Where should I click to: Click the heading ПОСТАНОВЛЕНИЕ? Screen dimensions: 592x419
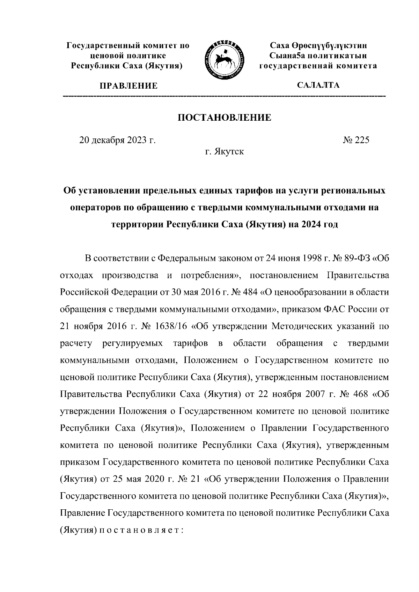225,118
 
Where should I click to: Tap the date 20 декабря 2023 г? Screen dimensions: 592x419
117,140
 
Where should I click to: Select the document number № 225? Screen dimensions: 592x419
355,140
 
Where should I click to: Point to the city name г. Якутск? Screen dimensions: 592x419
225,152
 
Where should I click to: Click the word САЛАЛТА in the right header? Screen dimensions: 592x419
318,85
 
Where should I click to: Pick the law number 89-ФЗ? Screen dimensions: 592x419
350,258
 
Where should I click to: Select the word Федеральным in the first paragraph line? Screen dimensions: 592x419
186,258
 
